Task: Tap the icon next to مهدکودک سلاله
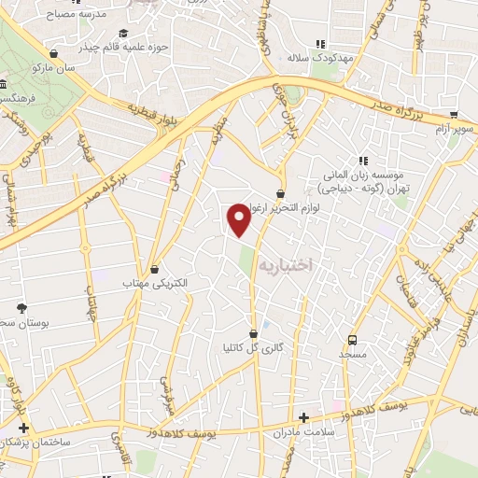point(321,43)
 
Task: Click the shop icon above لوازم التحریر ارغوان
point(280,193)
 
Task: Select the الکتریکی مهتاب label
point(156,282)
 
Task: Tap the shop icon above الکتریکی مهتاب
point(154,268)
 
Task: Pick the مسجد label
point(352,356)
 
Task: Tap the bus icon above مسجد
point(352,340)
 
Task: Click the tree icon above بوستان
point(21,307)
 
